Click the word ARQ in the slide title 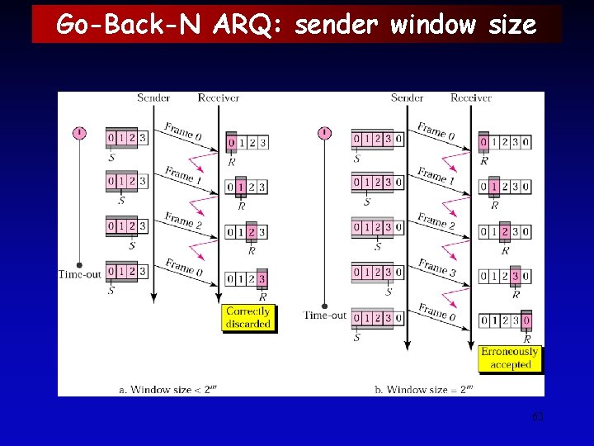(x=247, y=25)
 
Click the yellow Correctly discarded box (x=247, y=318)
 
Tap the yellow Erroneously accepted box (x=511, y=358)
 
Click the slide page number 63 (x=538, y=416)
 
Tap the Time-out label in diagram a (x=79, y=273)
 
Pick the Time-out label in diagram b (x=325, y=314)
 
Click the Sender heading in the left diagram (x=153, y=97)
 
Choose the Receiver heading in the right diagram (x=471, y=97)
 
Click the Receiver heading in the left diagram (x=218, y=97)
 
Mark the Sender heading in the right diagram (x=407, y=97)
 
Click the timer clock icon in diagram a (x=79, y=132)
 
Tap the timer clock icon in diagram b (x=324, y=132)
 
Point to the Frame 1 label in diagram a (x=179, y=174)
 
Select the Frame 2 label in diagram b (x=435, y=221)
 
